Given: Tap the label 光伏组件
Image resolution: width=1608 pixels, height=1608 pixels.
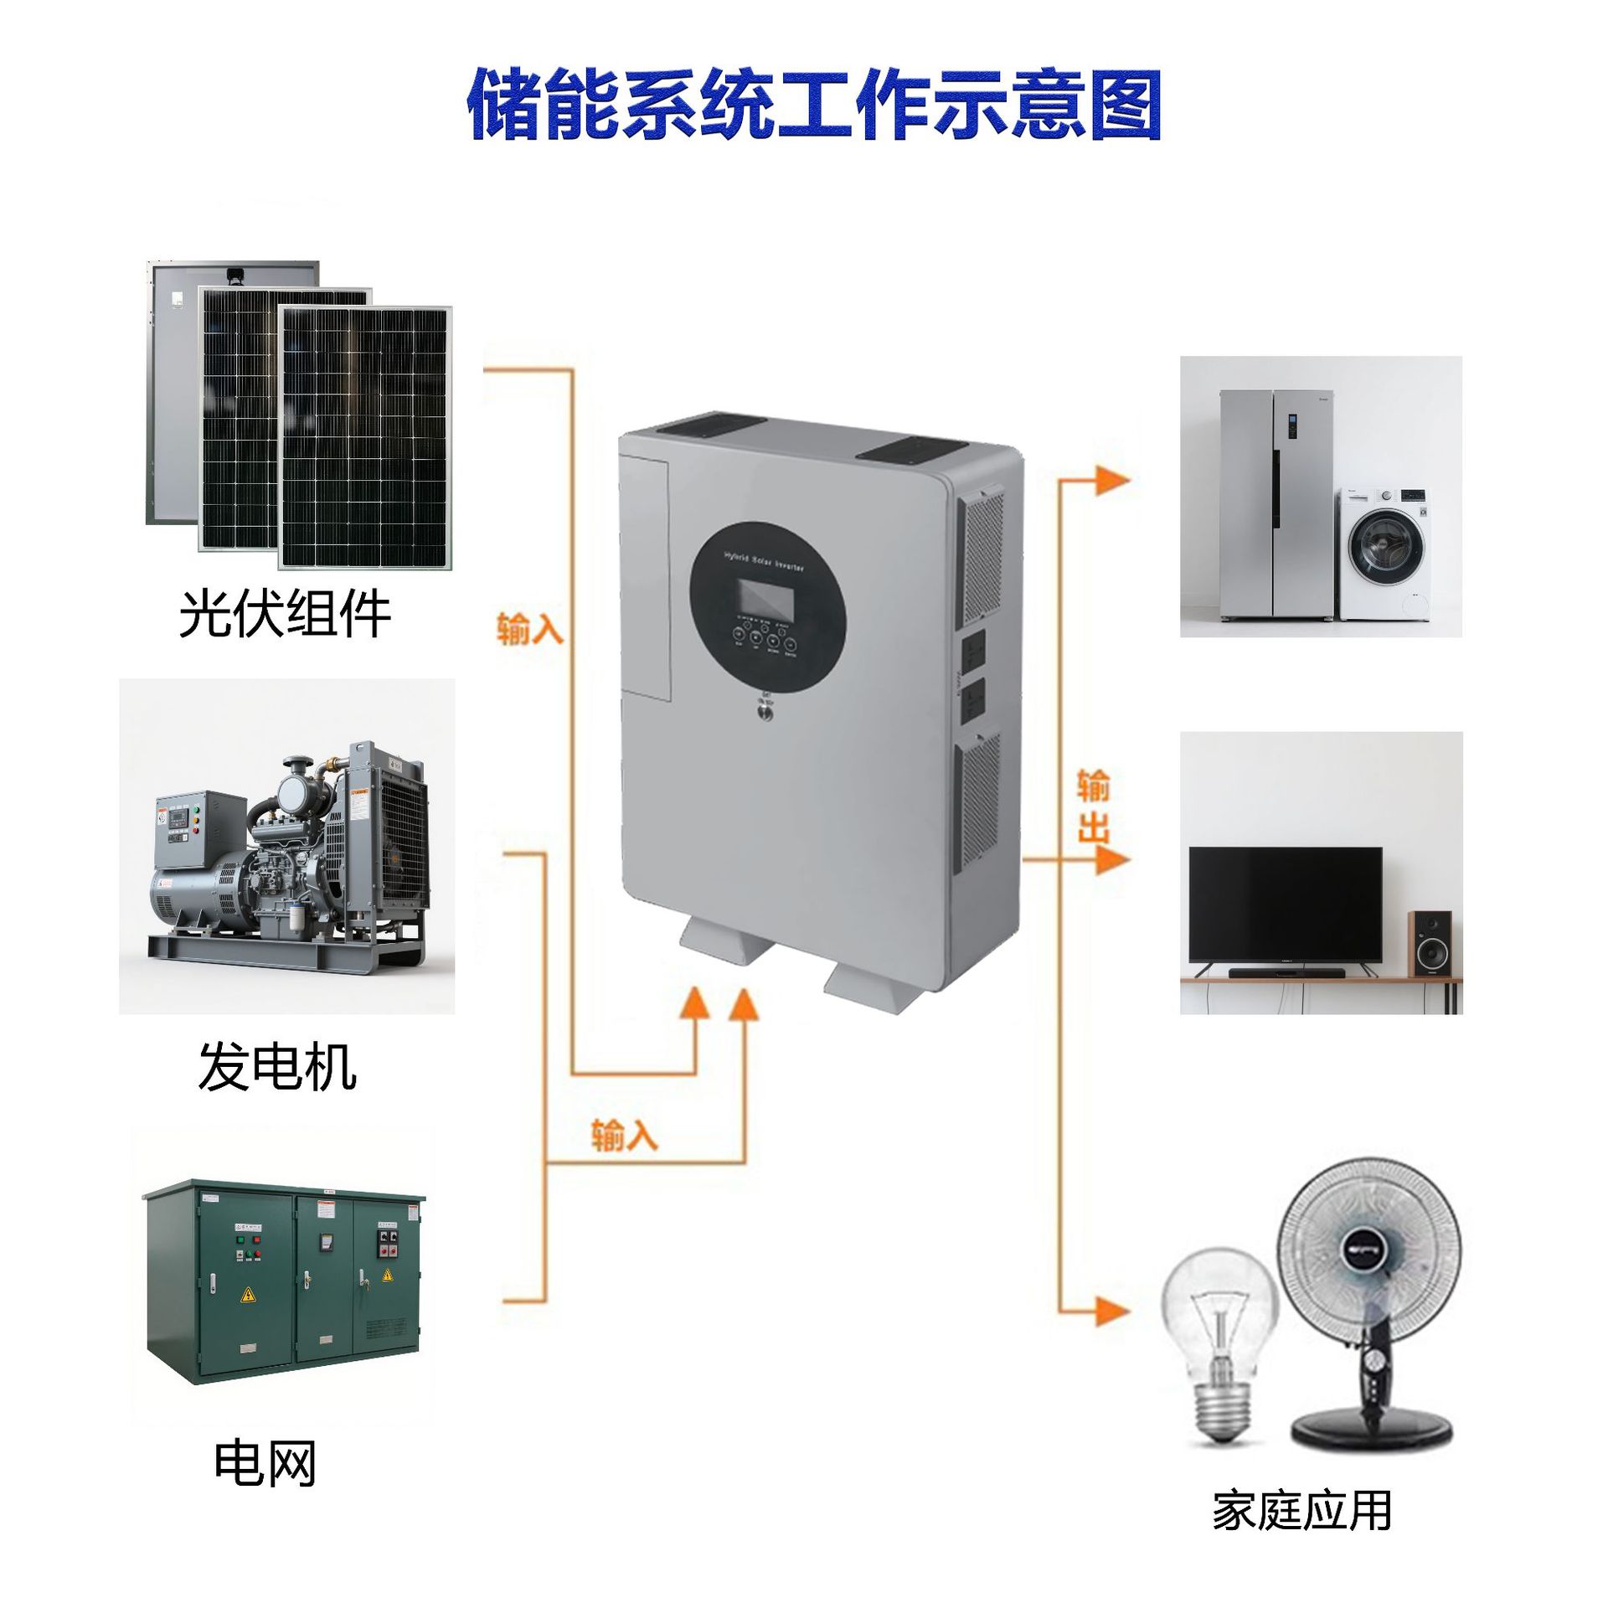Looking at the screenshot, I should coord(285,614).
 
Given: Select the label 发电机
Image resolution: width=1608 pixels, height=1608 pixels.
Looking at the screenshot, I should coord(276,1066).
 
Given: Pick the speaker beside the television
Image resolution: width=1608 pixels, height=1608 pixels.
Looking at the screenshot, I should coord(1429,943).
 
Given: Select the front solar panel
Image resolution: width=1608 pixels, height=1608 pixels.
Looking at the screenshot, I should coord(365,437).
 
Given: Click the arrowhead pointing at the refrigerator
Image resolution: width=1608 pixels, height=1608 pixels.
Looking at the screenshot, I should coord(1113,481).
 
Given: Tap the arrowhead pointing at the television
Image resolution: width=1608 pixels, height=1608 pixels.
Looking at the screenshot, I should coord(1113,860).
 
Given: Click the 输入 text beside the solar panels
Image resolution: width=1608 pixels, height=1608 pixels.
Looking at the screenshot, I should coord(529,630).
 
